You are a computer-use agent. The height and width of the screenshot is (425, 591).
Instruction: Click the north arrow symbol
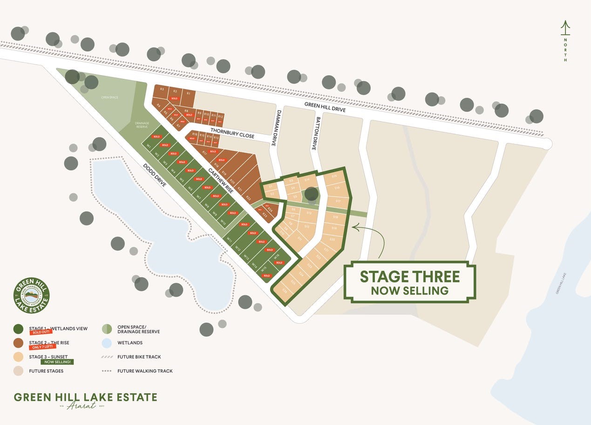coord(565,29)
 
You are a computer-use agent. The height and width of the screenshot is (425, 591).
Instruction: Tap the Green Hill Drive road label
coord(325,107)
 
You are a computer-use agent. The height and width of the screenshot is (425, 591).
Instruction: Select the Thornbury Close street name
coord(232,133)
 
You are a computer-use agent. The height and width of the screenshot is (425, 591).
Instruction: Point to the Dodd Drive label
coord(155,175)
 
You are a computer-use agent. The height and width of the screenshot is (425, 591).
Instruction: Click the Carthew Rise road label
coord(220,180)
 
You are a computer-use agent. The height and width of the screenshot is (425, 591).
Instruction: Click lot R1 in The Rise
coord(188,94)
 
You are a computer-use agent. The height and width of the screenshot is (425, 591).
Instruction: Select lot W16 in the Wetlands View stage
coord(276,256)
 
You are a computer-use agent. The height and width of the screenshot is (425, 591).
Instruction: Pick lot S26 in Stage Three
coord(284,290)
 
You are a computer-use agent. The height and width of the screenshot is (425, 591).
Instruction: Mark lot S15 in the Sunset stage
coord(334,177)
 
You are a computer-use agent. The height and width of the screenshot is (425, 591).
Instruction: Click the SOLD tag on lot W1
coord(156,137)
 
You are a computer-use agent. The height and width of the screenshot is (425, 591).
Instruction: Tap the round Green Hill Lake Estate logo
coord(32,295)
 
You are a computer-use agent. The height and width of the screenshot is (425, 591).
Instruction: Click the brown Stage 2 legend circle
coord(19,343)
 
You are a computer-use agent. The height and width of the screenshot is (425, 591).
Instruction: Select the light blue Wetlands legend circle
coord(107,343)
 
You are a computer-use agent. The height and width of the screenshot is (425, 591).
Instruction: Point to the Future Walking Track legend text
coord(145,371)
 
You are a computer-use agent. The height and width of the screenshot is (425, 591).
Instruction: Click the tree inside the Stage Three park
coord(311,194)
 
